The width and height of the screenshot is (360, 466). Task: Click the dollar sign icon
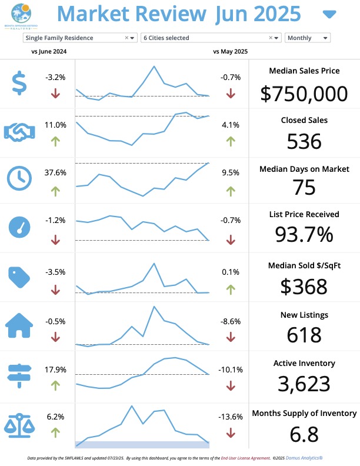coord(19,83)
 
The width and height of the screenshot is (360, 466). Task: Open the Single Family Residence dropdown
coord(80,38)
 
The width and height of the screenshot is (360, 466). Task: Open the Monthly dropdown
coord(308,38)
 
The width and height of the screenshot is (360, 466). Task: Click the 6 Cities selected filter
coord(211,38)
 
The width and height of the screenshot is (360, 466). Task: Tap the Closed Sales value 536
coord(304,141)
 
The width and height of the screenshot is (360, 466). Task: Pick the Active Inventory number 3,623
coord(304,384)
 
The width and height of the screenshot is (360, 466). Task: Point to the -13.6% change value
coord(230,417)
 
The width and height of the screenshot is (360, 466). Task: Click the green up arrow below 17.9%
coord(55,385)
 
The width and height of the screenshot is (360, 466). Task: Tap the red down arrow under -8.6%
coord(230,337)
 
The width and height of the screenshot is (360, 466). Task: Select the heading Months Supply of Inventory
coord(304,413)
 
